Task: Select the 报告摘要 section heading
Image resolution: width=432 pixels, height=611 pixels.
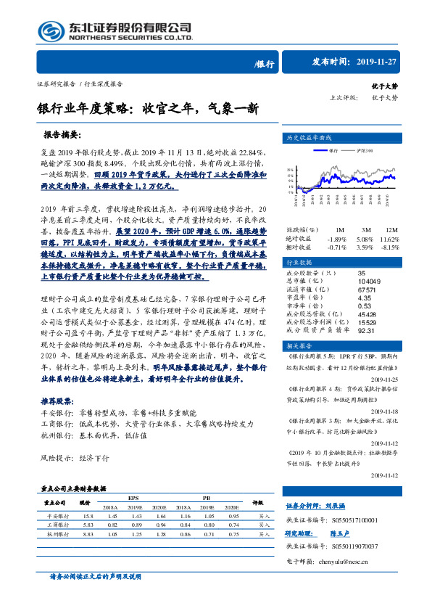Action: click(62, 134)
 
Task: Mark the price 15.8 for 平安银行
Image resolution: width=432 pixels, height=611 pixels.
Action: click(88, 515)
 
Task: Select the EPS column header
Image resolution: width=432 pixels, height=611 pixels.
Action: click(133, 498)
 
